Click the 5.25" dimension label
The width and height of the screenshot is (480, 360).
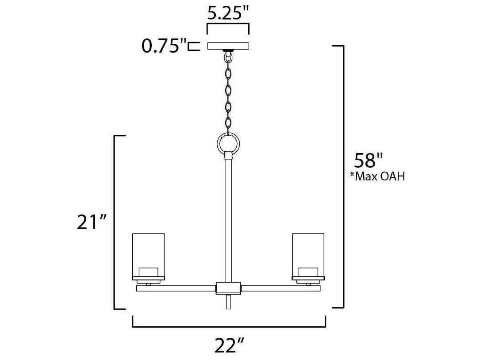[x=228, y=13]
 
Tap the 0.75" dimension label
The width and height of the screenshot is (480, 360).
[x=162, y=46]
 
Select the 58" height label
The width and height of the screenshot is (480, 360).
[x=368, y=161]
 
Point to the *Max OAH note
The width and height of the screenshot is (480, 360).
[x=377, y=177]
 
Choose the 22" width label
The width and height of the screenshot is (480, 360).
[x=229, y=345]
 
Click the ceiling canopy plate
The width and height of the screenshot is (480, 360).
[x=228, y=46]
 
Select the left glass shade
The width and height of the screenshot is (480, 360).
[x=148, y=254]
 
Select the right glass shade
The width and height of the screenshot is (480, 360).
[x=308, y=254]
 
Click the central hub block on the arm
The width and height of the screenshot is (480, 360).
[x=228, y=288]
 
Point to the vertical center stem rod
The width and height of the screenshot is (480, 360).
[x=228, y=217]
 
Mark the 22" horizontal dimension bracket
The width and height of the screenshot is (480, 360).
[x=229, y=327]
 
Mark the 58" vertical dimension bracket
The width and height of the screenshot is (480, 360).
[x=343, y=177]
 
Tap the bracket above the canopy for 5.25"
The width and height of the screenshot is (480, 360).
[x=228, y=26]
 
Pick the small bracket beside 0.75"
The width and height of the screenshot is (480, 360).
[x=193, y=46]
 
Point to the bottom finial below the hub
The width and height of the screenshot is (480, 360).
[x=228, y=302]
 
